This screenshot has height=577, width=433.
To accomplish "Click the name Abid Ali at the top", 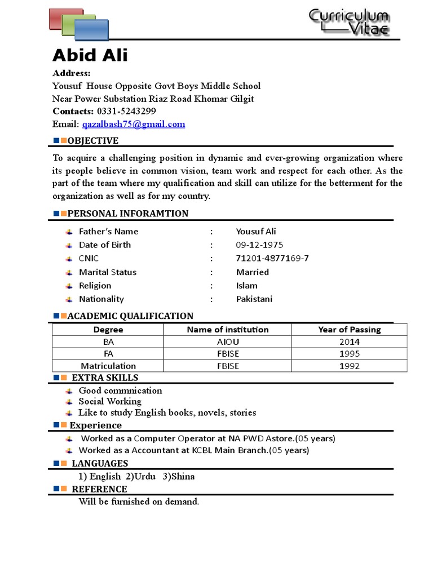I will pyautogui.click(x=90, y=55).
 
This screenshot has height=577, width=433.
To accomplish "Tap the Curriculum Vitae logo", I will pyautogui.click(x=348, y=23).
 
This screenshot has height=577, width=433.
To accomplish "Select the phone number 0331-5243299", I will pyautogui.click(x=126, y=111).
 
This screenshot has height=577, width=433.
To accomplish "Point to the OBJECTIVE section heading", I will pyautogui.click(x=92, y=141).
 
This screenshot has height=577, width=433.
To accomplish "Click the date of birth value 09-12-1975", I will pyautogui.click(x=259, y=245).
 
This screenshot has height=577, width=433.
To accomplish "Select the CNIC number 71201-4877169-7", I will pyautogui.click(x=272, y=259).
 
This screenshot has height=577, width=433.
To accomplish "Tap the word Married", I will pyautogui.click(x=252, y=272).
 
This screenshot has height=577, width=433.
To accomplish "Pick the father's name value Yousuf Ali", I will pyautogui.click(x=256, y=232).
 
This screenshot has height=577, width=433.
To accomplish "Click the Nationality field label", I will pyautogui.click(x=101, y=299).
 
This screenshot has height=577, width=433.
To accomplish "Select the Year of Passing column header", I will pyautogui.click(x=349, y=330).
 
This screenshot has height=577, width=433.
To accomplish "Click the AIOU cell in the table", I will pyautogui.click(x=228, y=342).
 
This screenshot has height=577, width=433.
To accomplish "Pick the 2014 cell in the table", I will pyautogui.click(x=349, y=342).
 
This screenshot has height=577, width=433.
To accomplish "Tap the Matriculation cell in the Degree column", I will pyautogui.click(x=108, y=366).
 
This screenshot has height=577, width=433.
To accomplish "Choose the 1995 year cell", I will pyautogui.click(x=349, y=354).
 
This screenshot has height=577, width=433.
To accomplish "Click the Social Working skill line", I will pyautogui.click(x=110, y=402).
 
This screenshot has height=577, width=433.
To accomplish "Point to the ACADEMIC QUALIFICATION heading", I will pyautogui.click(x=130, y=316).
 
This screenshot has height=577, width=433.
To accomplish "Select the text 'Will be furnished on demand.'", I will pyautogui.click(x=139, y=501).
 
